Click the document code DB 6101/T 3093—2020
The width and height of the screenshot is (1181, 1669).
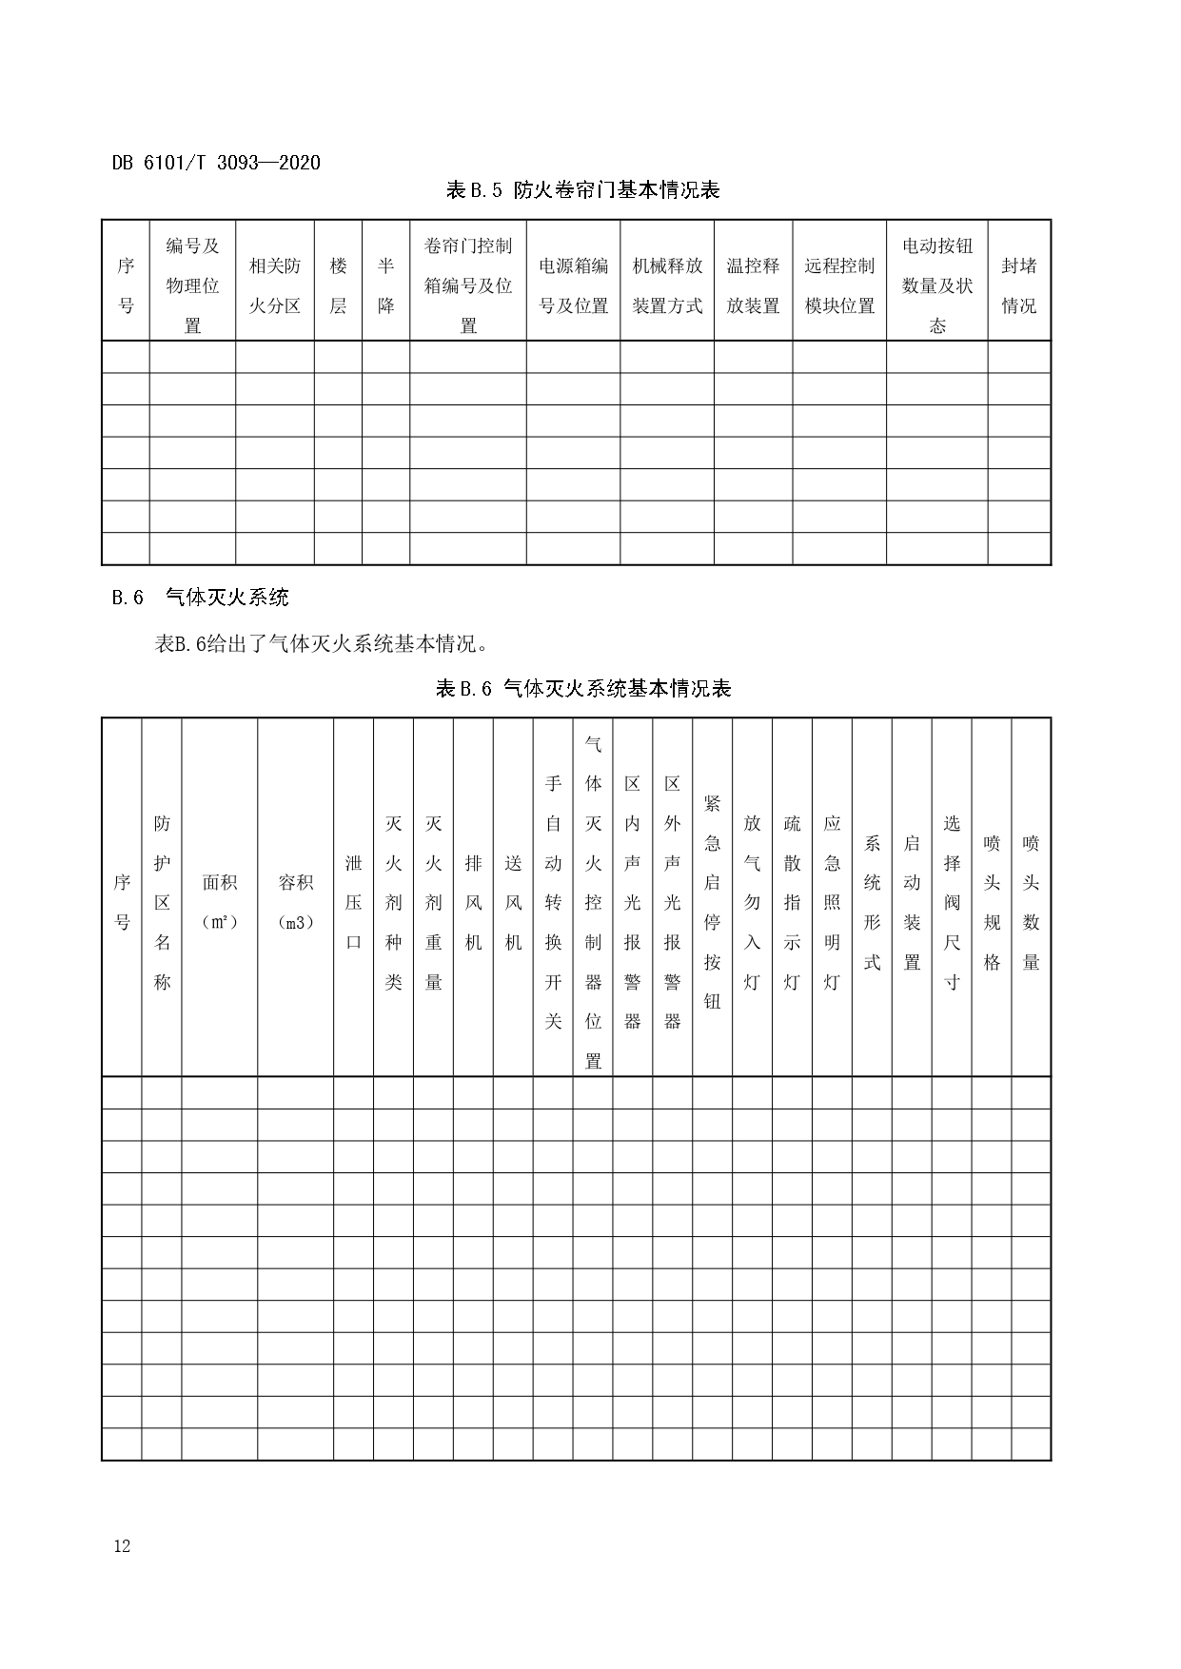coord(216,163)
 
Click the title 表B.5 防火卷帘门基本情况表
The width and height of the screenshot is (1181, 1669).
coord(582,190)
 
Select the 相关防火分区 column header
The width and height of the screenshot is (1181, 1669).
coord(274,285)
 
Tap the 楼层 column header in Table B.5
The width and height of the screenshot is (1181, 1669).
coord(338,285)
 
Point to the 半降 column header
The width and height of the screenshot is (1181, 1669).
coord(385,285)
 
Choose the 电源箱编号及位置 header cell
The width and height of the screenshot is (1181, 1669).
coord(573,285)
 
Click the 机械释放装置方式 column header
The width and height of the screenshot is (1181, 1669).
coord(667,285)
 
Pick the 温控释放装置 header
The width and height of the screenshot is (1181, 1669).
coord(753,285)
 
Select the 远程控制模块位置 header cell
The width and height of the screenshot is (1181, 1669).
coord(839,285)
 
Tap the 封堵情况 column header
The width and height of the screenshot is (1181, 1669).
coord(1018,285)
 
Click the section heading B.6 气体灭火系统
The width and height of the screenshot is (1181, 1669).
coord(200,598)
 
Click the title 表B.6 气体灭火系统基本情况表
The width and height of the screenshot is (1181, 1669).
coord(582,689)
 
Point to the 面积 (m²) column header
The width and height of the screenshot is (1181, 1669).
coord(219,901)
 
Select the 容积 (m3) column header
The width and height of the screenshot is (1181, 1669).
coord(295,901)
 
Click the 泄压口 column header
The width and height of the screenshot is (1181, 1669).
coord(353,901)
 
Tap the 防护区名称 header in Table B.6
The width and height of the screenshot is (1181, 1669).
coord(162,901)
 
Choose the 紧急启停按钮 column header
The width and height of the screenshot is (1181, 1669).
coord(712,901)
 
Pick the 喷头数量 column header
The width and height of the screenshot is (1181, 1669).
coord(1031,901)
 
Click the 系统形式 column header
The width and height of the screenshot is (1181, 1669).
coord(872,901)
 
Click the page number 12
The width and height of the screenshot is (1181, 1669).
coord(122,1545)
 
